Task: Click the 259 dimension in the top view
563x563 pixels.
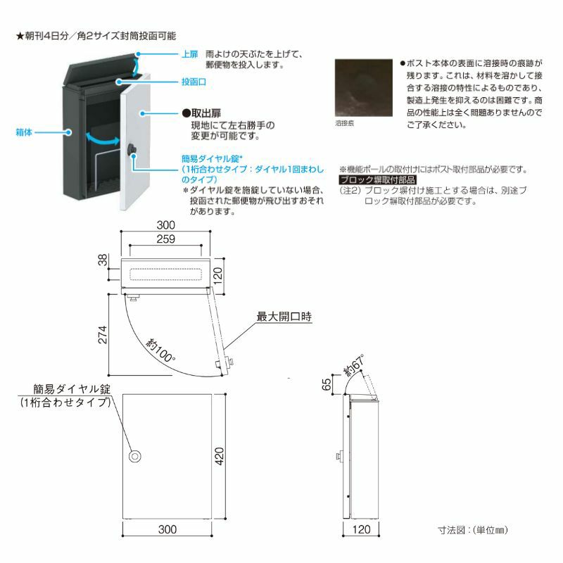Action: [166, 240]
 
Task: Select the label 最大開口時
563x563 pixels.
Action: [285, 317]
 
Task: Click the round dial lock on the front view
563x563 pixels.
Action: [134, 457]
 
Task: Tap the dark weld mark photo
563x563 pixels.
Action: [364, 87]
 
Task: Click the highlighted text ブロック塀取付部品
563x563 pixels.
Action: [377, 180]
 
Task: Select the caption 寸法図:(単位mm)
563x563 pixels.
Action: [472, 528]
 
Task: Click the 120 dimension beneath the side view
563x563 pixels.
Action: [361, 529]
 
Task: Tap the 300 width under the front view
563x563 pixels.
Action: [166, 529]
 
